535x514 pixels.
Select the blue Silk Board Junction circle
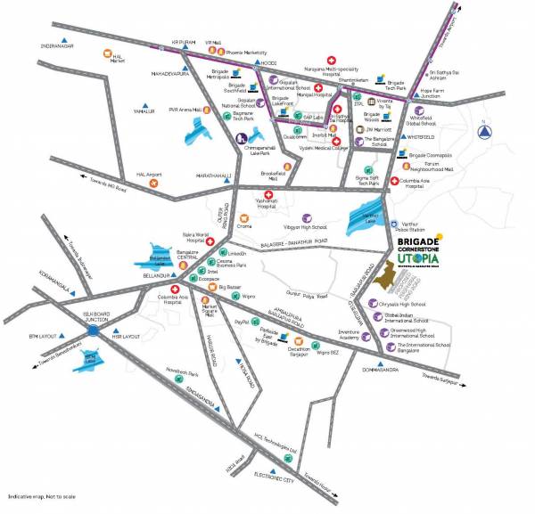(94, 330)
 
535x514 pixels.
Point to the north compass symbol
(484, 132)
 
